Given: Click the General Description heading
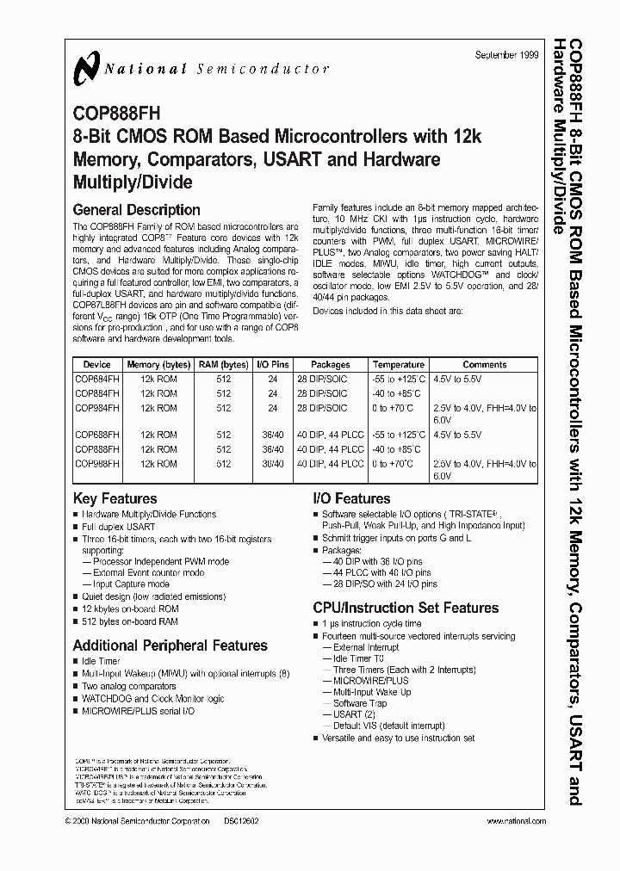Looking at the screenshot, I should [x=136, y=209].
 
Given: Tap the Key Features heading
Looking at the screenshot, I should [x=115, y=498].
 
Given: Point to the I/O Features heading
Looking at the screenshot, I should [x=351, y=498].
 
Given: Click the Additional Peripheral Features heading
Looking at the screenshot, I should [x=170, y=645].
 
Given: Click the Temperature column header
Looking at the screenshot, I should [x=399, y=365].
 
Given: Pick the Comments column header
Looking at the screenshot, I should [x=485, y=365].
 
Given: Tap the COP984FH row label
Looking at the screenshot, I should [x=96, y=408].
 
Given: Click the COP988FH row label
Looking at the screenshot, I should [x=96, y=463].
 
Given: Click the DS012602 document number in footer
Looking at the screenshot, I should [x=243, y=822].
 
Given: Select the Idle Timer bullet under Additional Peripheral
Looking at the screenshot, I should [x=102, y=662].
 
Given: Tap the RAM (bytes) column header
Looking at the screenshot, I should [x=224, y=365].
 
